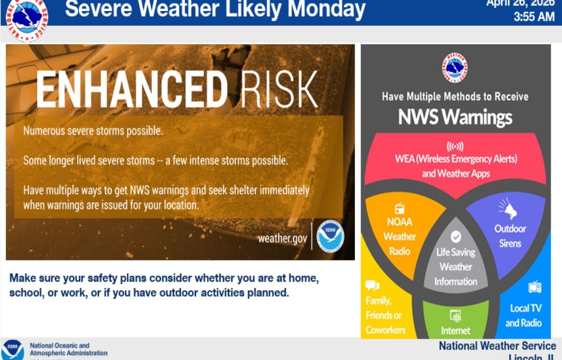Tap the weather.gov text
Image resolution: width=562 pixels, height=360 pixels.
pyautogui.click(x=282, y=238)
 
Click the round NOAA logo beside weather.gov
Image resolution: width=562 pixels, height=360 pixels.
pyautogui.click(x=330, y=236)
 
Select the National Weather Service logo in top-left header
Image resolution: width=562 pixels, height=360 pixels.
pyautogui.click(x=27, y=19)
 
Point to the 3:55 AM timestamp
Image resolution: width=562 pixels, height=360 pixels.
pyautogui.click(x=534, y=17)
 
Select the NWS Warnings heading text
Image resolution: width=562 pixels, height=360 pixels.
pyautogui.click(x=455, y=117)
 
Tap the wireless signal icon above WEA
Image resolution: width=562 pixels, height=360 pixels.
pyautogui.click(x=455, y=145)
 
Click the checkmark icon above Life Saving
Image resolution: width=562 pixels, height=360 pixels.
pyautogui.click(x=455, y=237)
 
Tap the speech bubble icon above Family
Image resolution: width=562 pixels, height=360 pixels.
pyautogui.click(x=372, y=285)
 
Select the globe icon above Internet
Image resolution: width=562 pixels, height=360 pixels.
pyautogui.click(x=455, y=315)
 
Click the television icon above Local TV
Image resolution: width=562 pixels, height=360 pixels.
pyautogui.click(x=534, y=287)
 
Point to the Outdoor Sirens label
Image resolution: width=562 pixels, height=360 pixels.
pyautogui.click(x=510, y=236)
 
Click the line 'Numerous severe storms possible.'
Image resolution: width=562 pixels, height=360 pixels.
pyautogui.click(x=93, y=131)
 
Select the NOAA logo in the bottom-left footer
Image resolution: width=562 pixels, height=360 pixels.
pyautogui.click(x=13, y=350)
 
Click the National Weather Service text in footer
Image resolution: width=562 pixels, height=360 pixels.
pyautogui.click(x=497, y=346)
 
